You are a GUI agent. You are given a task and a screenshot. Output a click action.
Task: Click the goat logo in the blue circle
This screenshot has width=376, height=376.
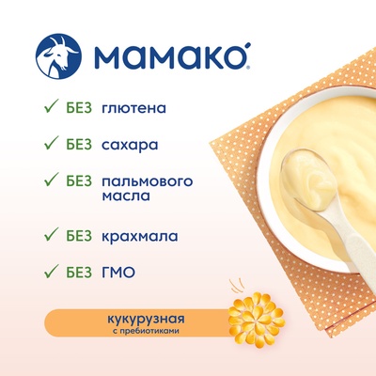click(58, 56)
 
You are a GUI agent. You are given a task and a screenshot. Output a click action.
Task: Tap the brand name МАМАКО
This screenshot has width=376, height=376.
click(170, 56)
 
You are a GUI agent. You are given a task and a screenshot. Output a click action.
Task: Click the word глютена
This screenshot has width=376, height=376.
click(133, 108)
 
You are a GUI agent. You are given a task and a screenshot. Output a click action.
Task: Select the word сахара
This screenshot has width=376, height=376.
click(130, 145)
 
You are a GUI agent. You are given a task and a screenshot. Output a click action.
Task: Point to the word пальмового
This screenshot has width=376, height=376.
click(148, 181)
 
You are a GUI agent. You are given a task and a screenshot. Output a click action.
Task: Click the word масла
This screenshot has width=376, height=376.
click(126, 196)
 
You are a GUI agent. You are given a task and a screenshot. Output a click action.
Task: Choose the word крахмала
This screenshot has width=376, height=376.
click(140, 236)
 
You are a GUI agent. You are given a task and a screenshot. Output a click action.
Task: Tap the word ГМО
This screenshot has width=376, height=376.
click(118, 273)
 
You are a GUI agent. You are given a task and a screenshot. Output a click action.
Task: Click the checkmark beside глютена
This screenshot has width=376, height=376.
click(52, 105)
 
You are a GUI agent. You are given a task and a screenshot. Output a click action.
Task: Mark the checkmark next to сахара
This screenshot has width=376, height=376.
click(52, 143)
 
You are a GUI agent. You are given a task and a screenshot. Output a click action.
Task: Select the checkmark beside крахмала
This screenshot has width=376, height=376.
click(52, 233)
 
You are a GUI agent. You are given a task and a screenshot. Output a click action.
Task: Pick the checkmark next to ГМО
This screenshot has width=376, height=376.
click(52, 271)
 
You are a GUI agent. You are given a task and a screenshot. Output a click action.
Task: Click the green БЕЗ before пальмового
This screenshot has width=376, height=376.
click(79, 181)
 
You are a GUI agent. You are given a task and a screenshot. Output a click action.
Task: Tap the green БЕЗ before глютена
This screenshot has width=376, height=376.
click(79, 108)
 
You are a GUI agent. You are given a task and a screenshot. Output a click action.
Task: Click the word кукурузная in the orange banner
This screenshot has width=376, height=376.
click(146, 320)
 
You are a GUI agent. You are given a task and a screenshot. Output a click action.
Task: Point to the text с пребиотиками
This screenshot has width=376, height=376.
click(146, 331)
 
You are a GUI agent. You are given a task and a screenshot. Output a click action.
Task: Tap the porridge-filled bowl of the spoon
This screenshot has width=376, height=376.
click(307, 180)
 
